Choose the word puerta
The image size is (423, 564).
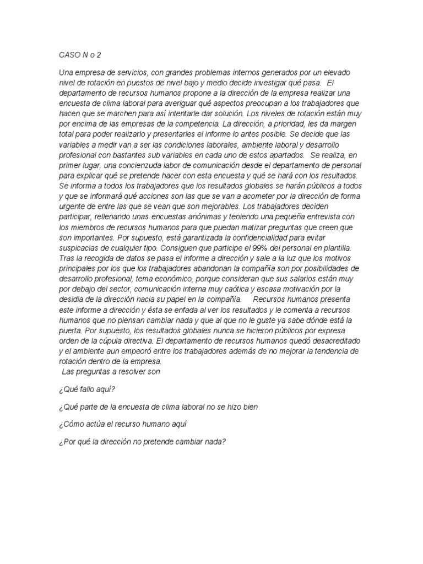(70, 330)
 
